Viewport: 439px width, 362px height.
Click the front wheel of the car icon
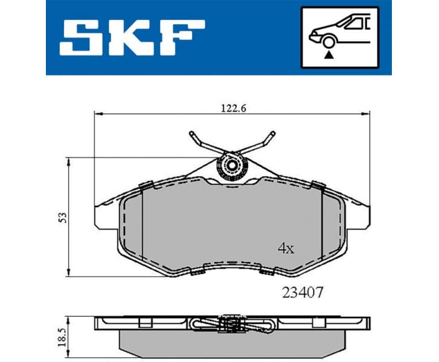tap(328, 41)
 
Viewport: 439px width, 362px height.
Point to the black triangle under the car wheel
tap(328, 55)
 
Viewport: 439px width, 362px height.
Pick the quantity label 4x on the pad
tap(285, 249)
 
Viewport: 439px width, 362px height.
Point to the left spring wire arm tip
tap(191, 133)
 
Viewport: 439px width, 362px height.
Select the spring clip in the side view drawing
tap(232, 323)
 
